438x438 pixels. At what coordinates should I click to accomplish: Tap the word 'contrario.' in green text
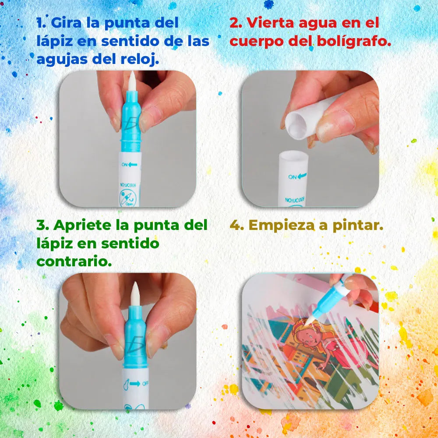point(74,261)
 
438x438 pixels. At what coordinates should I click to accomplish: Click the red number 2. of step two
point(236,23)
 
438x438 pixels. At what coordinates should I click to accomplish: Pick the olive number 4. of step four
point(237,226)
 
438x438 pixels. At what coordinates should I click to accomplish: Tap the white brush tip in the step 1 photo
point(132,81)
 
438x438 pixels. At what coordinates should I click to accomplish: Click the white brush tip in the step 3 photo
point(135,293)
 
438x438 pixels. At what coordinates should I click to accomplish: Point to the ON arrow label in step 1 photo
point(129,165)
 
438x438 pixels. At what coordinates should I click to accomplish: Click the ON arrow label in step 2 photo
point(297,177)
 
